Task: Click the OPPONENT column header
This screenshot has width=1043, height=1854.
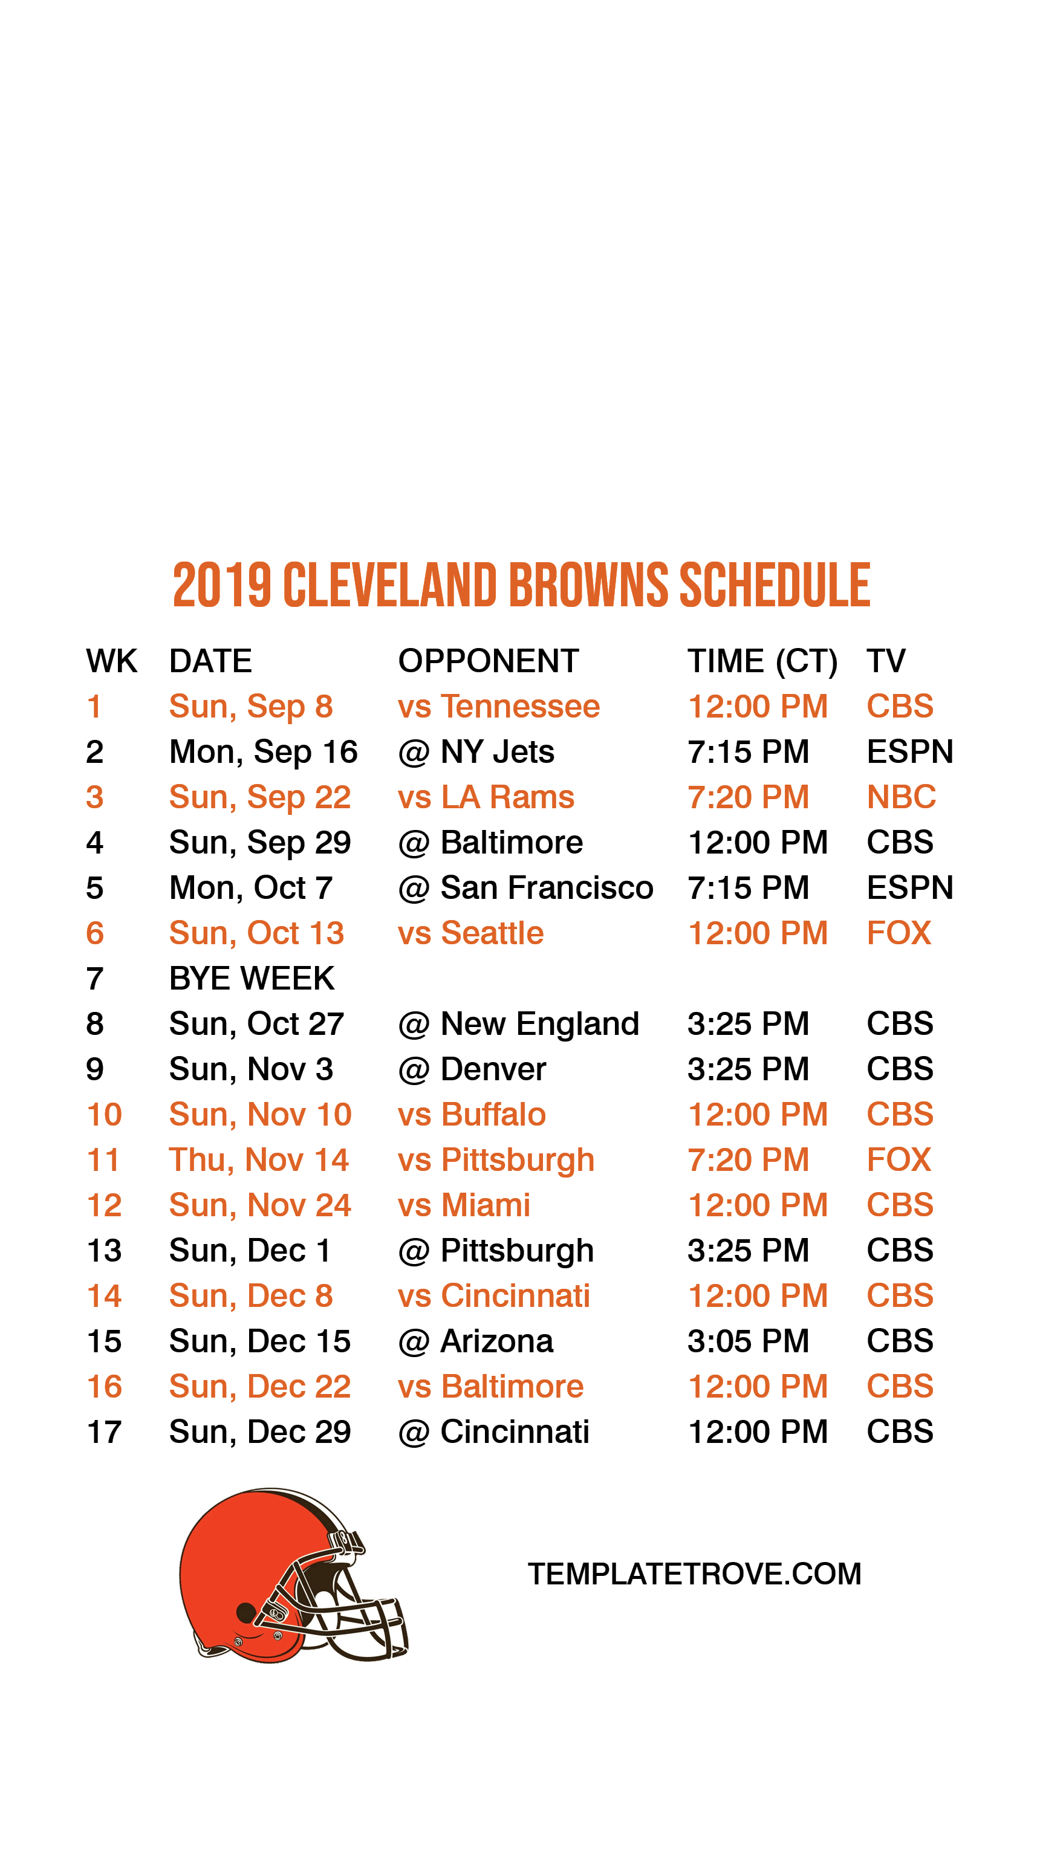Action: pyautogui.click(x=488, y=661)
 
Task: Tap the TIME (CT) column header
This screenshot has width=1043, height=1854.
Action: pyautogui.click(x=762, y=661)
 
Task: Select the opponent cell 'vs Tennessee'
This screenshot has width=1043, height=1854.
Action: pyautogui.click(x=498, y=706)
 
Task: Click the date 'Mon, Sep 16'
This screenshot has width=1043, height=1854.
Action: pyautogui.click(x=263, y=752)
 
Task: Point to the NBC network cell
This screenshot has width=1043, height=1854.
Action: pyautogui.click(x=900, y=797)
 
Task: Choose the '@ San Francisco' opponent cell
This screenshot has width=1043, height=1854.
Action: pyautogui.click(x=525, y=887)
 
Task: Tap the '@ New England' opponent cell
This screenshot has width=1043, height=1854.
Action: pyautogui.click(x=518, y=1023)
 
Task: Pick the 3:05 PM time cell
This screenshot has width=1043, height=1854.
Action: pyautogui.click(x=748, y=1341)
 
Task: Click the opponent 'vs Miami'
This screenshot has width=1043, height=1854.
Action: pyautogui.click(x=464, y=1205)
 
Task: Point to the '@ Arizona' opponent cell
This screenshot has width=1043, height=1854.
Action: pyautogui.click(x=475, y=1341)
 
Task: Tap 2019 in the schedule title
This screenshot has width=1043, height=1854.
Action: pyautogui.click(x=222, y=585)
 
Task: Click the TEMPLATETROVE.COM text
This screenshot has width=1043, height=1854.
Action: pyautogui.click(x=694, y=1574)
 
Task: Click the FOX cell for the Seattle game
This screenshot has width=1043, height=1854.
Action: pyautogui.click(x=898, y=933)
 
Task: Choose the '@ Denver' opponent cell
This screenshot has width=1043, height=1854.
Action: pyautogui.click(x=472, y=1069)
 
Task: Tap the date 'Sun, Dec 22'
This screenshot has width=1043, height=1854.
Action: pyautogui.click(x=259, y=1386)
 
